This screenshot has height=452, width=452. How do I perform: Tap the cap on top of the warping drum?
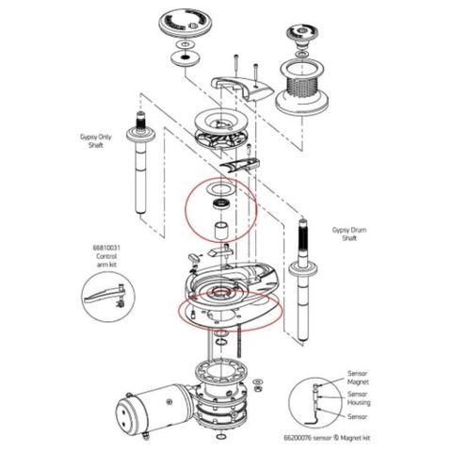click(x=307, y=34)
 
